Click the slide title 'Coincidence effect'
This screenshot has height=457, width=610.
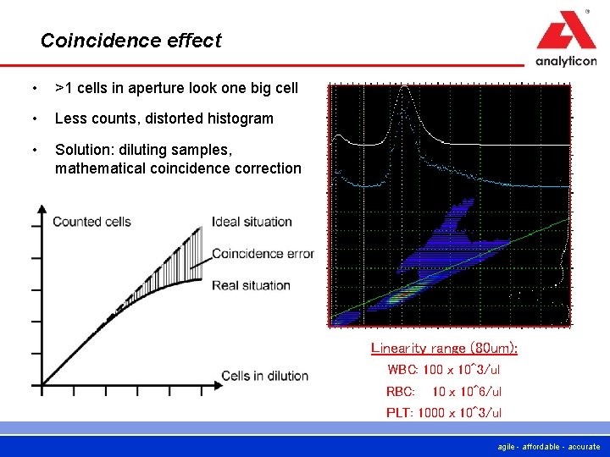pos(130,41)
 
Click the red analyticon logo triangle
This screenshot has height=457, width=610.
pos(565,34)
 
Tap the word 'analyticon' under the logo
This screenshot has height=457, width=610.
pos(565,61)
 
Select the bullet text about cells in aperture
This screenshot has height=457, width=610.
pos(176,88)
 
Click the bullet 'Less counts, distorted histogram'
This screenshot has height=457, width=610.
pos(164,118)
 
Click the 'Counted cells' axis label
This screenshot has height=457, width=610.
pos(91,223)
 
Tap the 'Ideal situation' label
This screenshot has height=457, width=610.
pos(252,223)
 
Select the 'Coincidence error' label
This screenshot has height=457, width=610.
pos(263,254)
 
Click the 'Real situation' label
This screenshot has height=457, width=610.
pos(251,285)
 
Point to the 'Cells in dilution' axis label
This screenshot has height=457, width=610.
pos(264,376)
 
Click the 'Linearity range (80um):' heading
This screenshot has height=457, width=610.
pos(444,348)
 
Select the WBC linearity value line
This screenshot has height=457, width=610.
pos(444,370)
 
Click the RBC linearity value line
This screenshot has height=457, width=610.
pos(444,391)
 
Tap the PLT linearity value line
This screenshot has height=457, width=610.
pos(444,412)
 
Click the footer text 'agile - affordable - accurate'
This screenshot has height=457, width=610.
pos(550,447)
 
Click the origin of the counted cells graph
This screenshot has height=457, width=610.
pos(42,385)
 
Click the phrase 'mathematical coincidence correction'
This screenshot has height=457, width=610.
pos(178,168)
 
